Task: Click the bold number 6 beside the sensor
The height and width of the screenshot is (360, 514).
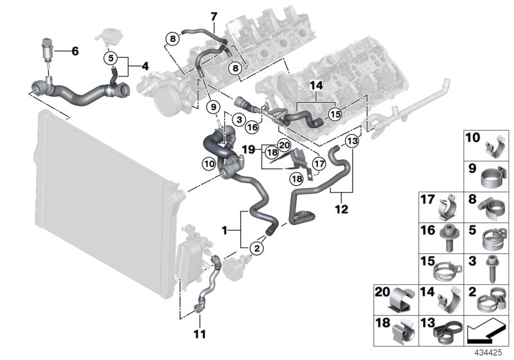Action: coord(75,51)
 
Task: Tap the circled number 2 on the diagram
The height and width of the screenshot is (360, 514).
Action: coord(257,248)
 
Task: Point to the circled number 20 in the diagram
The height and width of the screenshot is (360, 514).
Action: coord(284,145)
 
